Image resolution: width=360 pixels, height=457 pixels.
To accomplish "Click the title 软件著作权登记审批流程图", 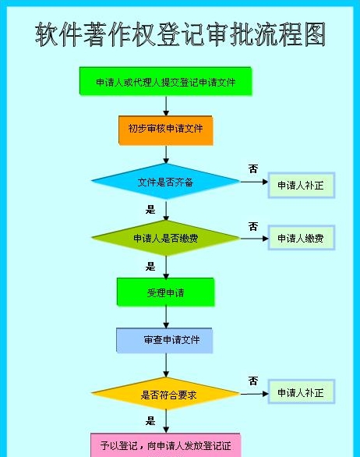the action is pyautogui.click(x=180, y=34).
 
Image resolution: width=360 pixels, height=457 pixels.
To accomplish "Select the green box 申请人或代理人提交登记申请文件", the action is pyautogui.click(x=165, y=81).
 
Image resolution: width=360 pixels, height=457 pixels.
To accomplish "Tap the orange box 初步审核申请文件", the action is pyautogui.click(x=165, y=130).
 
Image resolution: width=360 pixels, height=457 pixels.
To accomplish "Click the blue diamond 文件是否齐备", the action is pyautogui.click(x=165, y=181).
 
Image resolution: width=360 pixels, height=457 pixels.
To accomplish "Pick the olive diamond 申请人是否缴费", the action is pyautogui.click(x=165, y=238).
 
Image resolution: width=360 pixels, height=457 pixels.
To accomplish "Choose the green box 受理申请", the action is pyautogui.click(x=165, y=292).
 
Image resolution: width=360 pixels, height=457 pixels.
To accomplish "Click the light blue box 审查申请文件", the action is pyautogui.click(x=164, y=340).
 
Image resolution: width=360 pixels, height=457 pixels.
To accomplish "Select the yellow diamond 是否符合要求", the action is pyautogui.click(x=165, y=394).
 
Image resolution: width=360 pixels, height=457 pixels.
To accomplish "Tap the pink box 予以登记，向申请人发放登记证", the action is pyautogui.click(x=165, y=445).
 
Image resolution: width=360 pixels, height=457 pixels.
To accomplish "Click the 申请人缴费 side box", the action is pyautogui.click(x=301, y=238).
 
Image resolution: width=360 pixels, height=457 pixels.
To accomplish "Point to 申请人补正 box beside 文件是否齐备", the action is pyautogui.click(x=301, y=186).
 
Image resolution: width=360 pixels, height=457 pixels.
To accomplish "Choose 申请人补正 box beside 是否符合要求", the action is pyautogui.click(x=301, y=392).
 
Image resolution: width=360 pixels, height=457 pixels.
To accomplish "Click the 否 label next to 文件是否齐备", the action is pyautogui.click(x=253, y=168).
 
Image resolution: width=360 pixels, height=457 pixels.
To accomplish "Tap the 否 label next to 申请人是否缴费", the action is pyautogui.click(x=253, y=226).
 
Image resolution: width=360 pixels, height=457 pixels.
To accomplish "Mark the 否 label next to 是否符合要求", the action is pyautogui.click(x=253, y=381).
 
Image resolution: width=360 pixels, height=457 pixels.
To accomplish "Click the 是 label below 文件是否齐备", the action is pyautogui.click(x=150, y=209).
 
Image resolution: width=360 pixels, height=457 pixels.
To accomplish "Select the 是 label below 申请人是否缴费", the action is pyautogui.click(x=150, y=266).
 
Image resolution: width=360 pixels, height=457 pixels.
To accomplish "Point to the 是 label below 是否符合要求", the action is pyautogui.click(x=150, y=420).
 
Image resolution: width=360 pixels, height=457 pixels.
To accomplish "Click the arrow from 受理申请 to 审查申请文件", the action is pyautogui.click(x=166, y=317).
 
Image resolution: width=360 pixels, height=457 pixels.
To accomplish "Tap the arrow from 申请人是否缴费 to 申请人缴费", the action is pyautogui.click(x=254, y=239).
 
